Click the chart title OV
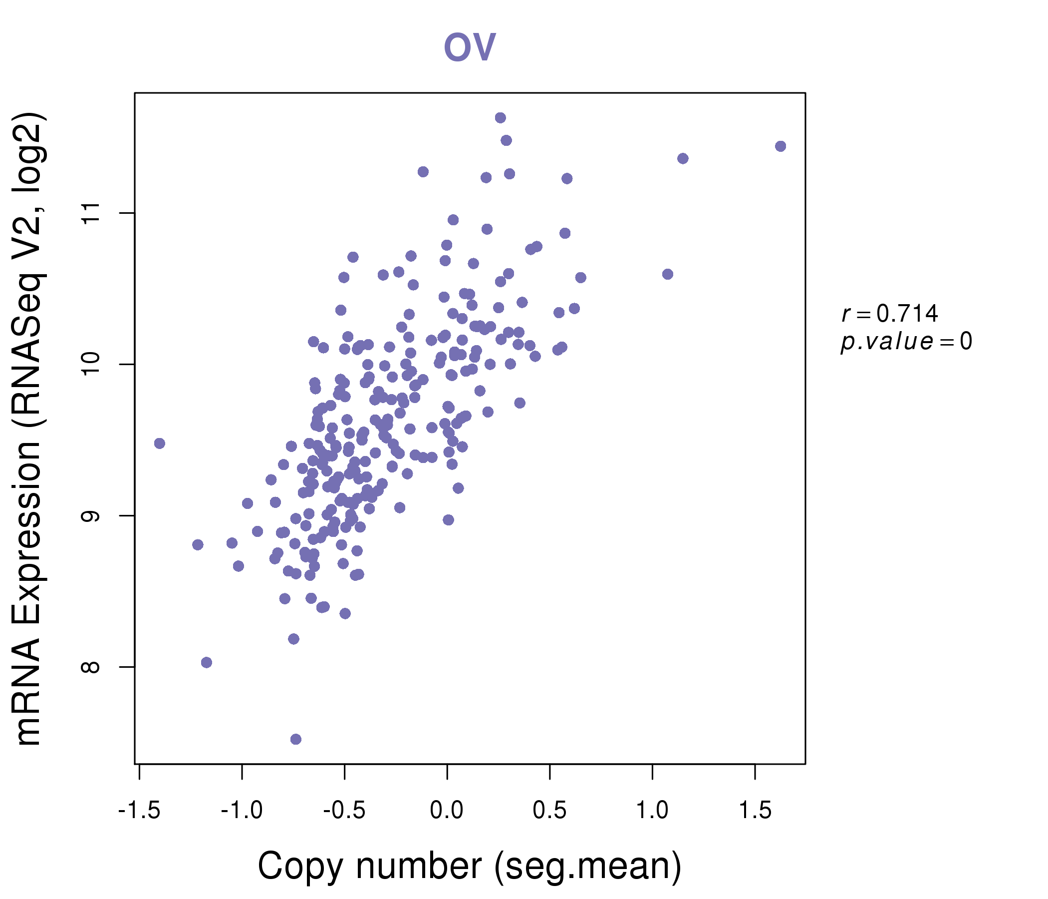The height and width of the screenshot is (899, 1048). tap(470, 47)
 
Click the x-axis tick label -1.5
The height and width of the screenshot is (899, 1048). tap(139, 811)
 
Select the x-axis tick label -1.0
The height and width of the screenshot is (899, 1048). tap(242, 811)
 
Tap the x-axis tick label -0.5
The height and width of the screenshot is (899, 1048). tap(344, 811)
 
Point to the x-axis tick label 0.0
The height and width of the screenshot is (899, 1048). tap(447, 811)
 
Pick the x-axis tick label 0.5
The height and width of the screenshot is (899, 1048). tap(549, 811)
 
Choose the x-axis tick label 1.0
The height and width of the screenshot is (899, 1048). tap(652, 811)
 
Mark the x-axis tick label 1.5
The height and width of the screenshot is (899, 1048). tap(755, 811)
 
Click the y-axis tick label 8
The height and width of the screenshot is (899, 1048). tap(90, 667)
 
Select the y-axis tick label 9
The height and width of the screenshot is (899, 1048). tap(90, 516)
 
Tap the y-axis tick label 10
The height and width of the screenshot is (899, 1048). tap(90, 365)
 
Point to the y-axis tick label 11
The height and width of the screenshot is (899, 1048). tap(90, 213)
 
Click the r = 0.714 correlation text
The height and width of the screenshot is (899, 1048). tap(890, 314)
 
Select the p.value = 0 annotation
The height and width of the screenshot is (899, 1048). tap(906, 342)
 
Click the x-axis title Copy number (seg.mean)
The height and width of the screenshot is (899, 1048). tap(470, 866)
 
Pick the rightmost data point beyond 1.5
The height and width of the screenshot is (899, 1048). tap(781, 146)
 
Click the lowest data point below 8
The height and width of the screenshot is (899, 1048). tap(296, 739)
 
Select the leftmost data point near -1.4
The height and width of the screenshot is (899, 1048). tap(159, 444)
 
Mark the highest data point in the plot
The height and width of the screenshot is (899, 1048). tap(500, 118)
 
